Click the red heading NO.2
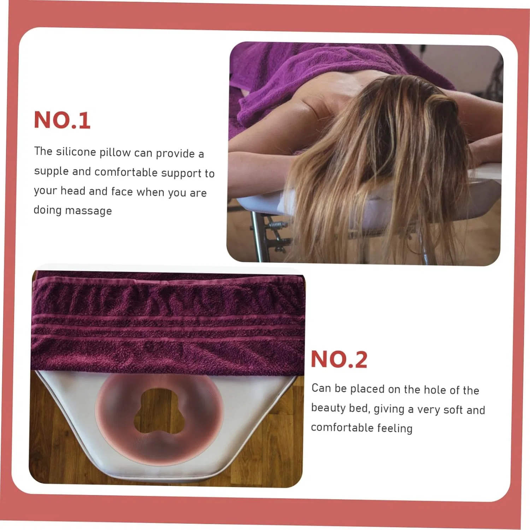[x=339, y=359]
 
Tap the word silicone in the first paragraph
[x=76, y=152]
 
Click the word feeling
[x=395, y=428]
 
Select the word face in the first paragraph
[x=122, y=192]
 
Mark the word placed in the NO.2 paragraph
[x=367, y=389]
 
